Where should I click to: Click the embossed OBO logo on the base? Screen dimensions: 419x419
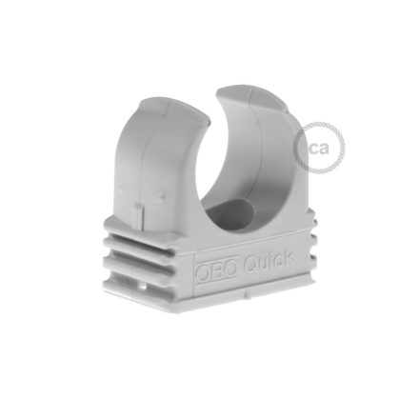216,271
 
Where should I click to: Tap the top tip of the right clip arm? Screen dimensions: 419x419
238,90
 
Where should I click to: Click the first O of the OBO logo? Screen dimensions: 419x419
204,273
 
